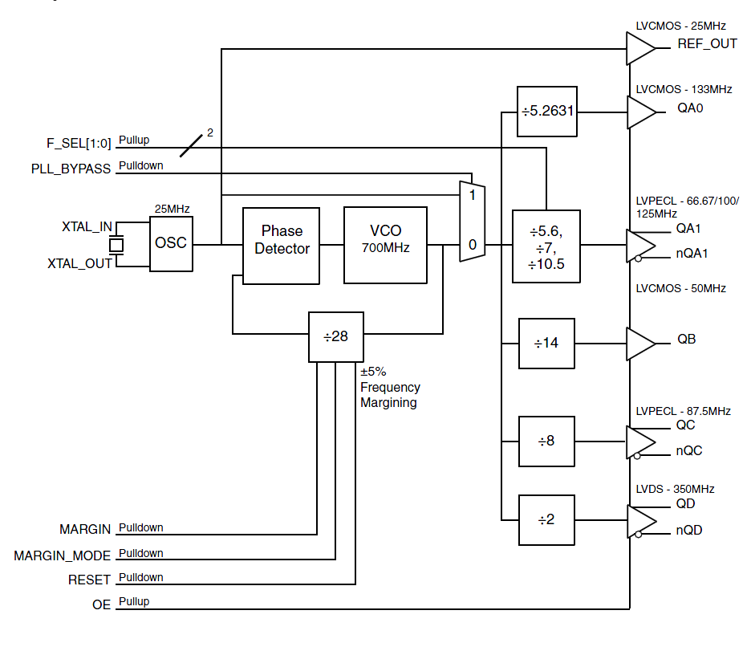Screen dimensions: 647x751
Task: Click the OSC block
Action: click(x=172, y=243)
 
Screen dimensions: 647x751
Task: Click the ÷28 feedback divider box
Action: click(x=336, y=336)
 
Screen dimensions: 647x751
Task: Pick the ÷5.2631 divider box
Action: click(x=547, y=111)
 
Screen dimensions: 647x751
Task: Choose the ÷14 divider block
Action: click(x=547, y=344)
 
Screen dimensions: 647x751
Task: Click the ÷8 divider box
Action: click(x=547, y=442)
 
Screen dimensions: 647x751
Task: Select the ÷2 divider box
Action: click(x=547, y=519)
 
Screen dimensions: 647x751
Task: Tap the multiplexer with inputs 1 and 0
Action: click(x=472, y=221)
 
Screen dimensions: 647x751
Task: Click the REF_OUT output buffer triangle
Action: click(x=639, y=48)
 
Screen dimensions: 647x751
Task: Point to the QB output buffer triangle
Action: click(x=639, y=344)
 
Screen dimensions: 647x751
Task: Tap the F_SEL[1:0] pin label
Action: click(x=79, y=144)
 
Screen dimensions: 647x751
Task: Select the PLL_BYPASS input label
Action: click(x=71, y=169)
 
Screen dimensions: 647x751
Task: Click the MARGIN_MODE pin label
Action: click(x=62, y=555)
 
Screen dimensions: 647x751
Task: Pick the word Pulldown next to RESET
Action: click(x=141, y=577)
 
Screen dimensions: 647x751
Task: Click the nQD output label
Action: click(x=689, y=530)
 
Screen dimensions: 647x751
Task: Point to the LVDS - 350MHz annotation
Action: click(x=675, y=489)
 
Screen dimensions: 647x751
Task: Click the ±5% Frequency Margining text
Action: click(x=390, y=388)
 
